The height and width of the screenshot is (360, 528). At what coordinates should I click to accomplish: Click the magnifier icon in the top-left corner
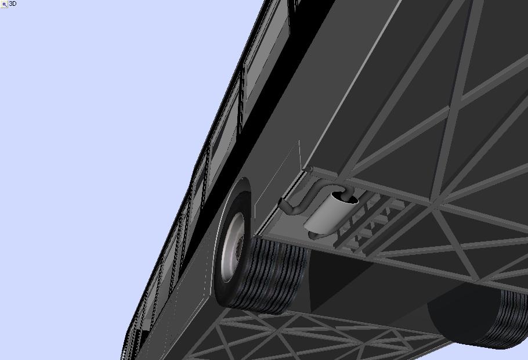click(4, 5)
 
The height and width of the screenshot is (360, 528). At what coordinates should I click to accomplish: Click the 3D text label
click(13, 3)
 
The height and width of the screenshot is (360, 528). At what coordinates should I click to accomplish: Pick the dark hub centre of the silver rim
click(239, 249)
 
